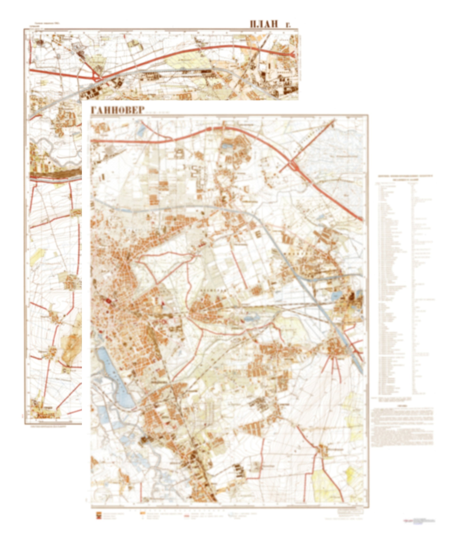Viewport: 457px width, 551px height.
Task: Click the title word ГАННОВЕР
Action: pyautogui.click(x=118, y=110)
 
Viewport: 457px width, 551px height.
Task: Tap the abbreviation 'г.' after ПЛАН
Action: pyautogui.click(x=288, y=25)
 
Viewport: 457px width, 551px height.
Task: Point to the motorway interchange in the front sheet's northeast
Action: pyautogui.click(x=293, y=165)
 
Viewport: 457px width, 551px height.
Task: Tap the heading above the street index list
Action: pyautogui.click(x=404, y=178)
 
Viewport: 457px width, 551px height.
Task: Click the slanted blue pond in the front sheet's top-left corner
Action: pyautogui.click(x=141, y=129)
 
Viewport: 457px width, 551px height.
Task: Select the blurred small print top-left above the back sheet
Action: pyautogui.click(x=45, y=24)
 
